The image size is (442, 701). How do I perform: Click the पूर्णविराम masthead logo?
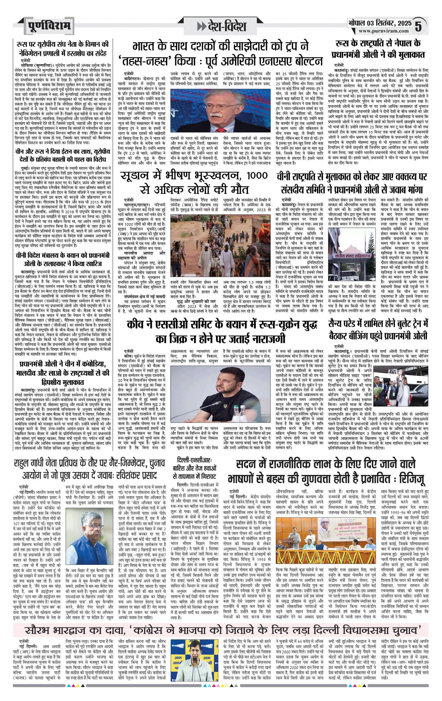49,26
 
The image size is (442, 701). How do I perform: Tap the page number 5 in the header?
418,26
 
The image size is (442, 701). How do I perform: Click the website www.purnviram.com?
383,31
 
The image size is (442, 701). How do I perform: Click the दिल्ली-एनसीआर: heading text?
194,460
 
